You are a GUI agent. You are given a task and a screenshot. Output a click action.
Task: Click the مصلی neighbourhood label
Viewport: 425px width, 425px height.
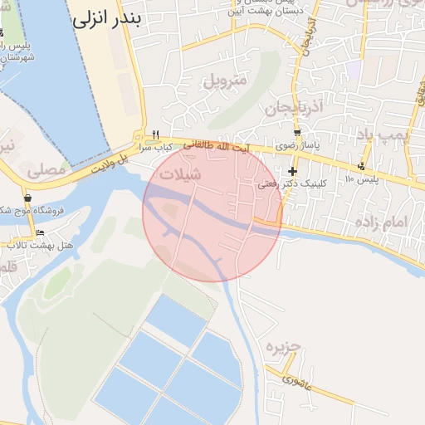pyautogui.click(x=46, y=171)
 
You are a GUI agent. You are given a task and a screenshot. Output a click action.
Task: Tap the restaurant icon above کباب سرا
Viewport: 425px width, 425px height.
pyautogui.click(x=155, y=134)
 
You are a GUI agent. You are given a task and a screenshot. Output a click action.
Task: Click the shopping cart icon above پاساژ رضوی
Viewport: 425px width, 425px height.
pyautogui.click(x=297, y=133)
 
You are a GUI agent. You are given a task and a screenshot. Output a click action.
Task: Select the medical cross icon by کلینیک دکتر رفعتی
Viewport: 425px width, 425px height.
pyautogui.click(x=292, y=171)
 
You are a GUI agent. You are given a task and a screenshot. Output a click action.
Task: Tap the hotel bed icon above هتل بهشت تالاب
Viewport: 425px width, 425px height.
pyautogui.click(x=40, y=232)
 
